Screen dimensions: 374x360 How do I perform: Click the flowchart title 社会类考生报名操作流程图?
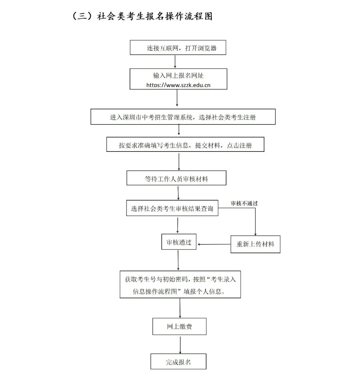pos(155,16)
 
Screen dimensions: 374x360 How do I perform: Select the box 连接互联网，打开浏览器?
pos(178,48)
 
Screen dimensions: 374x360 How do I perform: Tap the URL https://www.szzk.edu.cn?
pos(178,85)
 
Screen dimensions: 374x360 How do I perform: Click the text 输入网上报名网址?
pos(178,75)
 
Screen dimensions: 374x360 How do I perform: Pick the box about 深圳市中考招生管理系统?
pos(183,117)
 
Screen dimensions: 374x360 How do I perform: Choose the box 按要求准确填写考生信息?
pos(185,145)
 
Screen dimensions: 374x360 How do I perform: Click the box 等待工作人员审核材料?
pos(176,178)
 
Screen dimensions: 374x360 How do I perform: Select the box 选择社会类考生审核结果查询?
pos(172,209)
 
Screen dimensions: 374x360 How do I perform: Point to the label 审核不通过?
pos(244,203)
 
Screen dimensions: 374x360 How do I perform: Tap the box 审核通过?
pos(179,242)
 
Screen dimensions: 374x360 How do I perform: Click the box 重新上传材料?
pos(255,244)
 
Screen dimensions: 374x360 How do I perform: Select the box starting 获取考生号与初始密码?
pos(180,285)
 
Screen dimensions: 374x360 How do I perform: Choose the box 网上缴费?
pos(179,326)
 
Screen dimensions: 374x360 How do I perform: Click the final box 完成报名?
pos(178,362)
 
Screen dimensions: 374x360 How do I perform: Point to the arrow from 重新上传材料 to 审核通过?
pos(214,244)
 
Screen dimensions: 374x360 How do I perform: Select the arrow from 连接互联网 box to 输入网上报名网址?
pos(175,62)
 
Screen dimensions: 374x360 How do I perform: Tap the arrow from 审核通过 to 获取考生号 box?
pos(178,260)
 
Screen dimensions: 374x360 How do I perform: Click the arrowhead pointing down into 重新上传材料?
pos(255,234)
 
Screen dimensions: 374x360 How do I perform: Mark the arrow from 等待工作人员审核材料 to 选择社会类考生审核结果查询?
pos(178,193)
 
